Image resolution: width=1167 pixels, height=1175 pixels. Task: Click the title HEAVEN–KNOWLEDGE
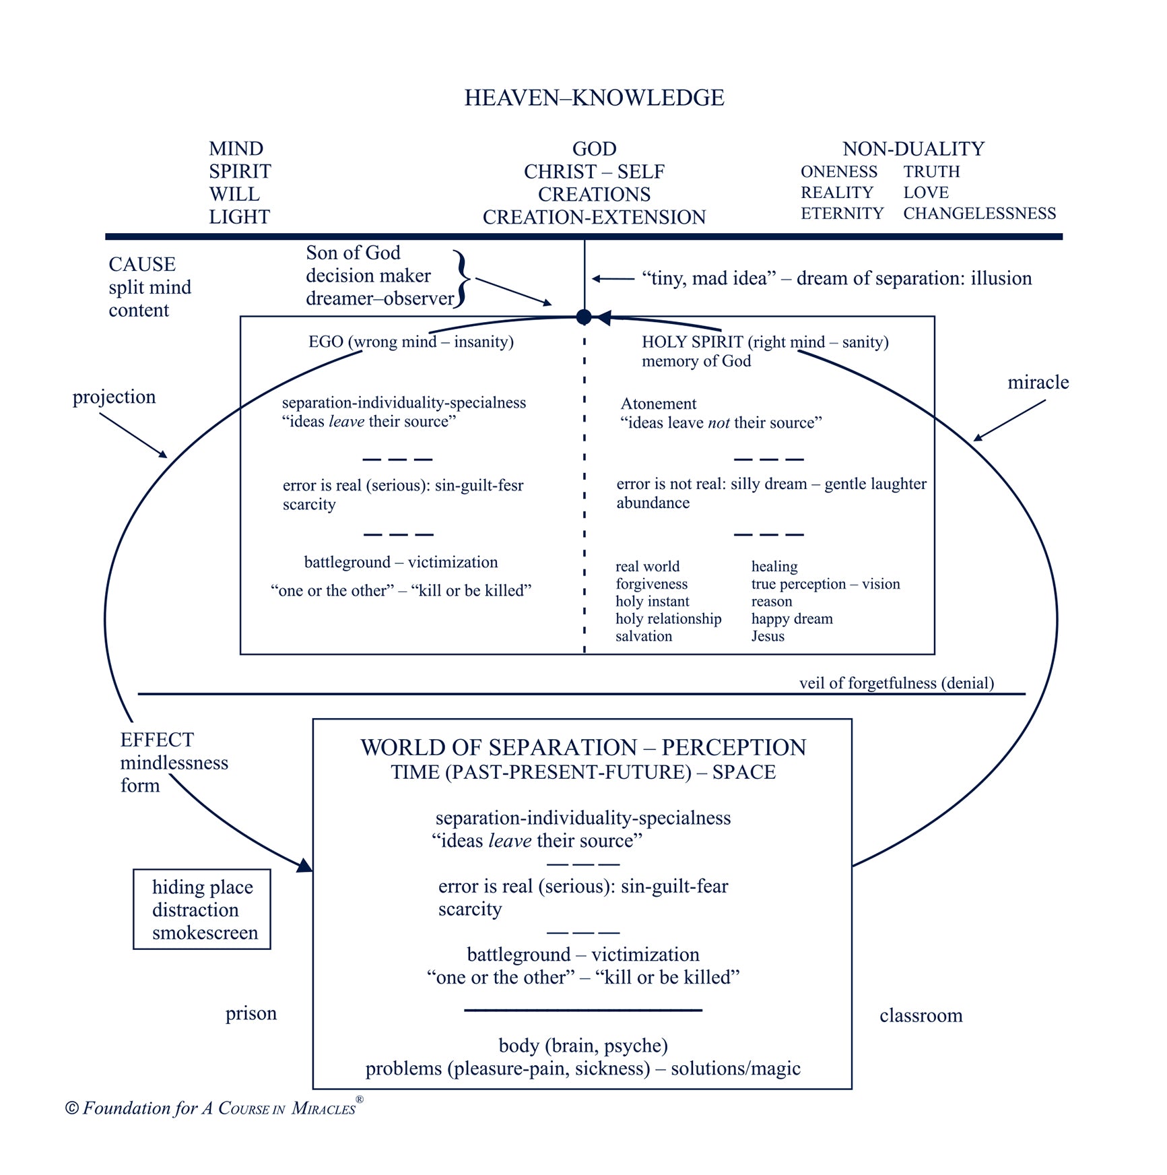click(x=594, y=98)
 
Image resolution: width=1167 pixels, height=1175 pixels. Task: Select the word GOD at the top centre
click(x=594, y=149)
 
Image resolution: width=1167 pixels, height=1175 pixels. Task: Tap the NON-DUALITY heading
click(x=913, y=149)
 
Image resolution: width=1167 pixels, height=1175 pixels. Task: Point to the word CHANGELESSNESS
click(x=979, y=214)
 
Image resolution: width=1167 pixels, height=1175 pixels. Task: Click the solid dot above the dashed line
click(x=584, y=317)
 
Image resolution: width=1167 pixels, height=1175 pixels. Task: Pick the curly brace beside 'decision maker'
click(x=461, y=279)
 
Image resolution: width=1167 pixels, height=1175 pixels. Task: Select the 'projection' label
click(x=114, y=398)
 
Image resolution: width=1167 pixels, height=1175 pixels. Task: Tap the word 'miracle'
click(x=1038, y=382)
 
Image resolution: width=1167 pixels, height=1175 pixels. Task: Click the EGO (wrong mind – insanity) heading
click(x=411, y=342)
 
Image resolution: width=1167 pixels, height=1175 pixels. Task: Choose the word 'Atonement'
click(x=658, y=404)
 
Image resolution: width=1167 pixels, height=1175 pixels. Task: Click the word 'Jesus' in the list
click(x=768, y=636)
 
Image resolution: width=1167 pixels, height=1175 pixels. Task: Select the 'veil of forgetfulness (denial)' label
click(x=896, y=683)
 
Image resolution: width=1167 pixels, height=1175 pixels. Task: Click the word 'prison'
click(x=251, y=1014)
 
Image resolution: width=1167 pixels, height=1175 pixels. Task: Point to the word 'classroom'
click(x=921, y=1015)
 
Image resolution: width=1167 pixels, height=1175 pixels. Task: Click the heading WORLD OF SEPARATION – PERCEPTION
click(x=583, y=747)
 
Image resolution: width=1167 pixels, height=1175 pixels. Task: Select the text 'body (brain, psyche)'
click(x=583, y=1046)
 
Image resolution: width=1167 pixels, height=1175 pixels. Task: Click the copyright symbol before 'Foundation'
click(x=72, y=1108)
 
